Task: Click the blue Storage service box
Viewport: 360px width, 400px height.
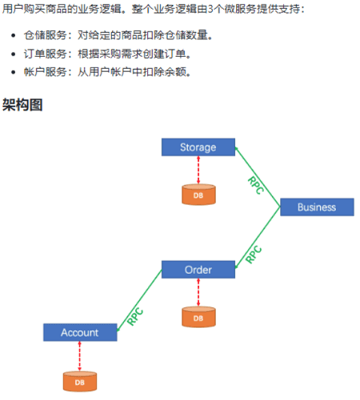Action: click(198, 147)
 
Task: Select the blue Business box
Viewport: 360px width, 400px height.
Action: click(317, 207)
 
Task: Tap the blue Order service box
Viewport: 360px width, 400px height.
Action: click(198, 270)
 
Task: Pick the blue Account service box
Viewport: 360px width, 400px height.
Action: click(80, 333)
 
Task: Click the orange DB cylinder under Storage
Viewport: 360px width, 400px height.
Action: click(198, 194)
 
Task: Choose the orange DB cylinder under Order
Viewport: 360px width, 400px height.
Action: click(198, 317)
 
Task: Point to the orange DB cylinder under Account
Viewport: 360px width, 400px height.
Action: click(80, 382)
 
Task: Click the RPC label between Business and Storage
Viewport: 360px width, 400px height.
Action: click(256, 186)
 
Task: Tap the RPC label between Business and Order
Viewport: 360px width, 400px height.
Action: click(254, 254)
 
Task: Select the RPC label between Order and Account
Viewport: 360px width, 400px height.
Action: click(135, 317)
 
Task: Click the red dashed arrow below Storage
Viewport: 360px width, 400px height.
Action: click(198, 170)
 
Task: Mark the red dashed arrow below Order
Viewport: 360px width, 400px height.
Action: click(198, 292)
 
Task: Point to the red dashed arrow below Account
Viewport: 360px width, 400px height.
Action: click(79, 356)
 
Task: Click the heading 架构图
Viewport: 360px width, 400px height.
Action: click(22, 105)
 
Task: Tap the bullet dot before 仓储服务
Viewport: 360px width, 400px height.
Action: click(14, 35)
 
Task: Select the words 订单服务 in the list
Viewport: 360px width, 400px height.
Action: click(45, 54)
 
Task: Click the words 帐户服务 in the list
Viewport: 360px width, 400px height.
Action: click(45, 72)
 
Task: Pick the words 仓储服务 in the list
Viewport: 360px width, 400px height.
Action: click(45, 35)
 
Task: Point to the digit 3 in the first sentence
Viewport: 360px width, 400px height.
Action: click(210, 10)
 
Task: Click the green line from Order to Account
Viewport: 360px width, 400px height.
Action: click(139, 301)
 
